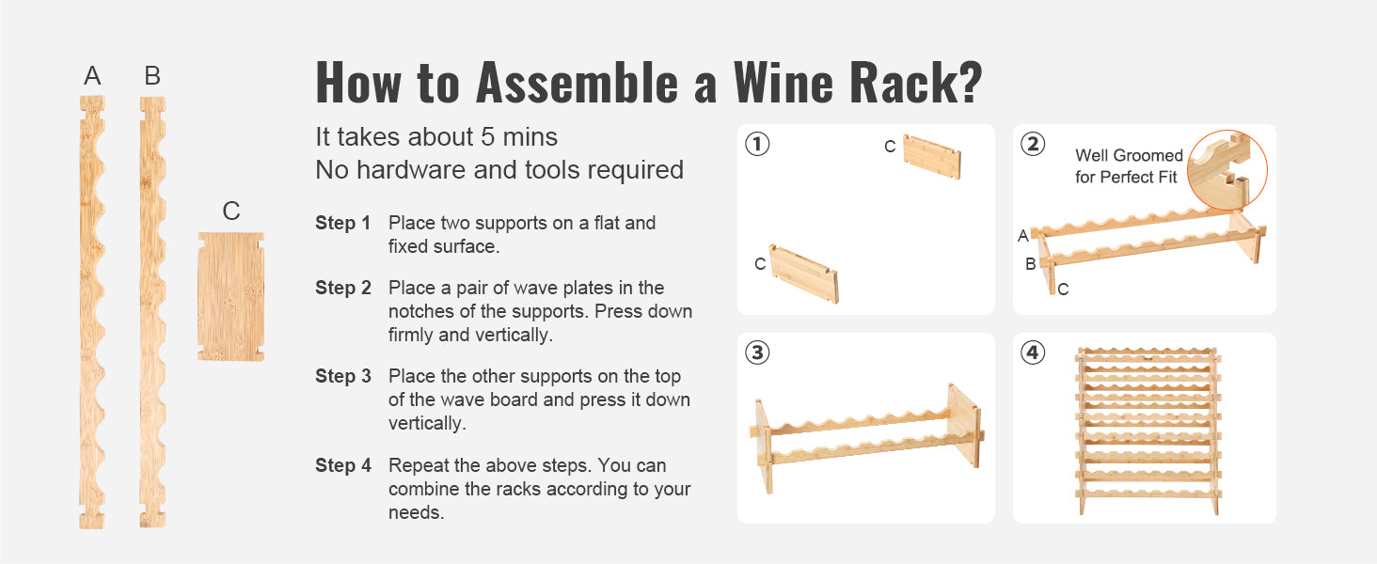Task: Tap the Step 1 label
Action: click(342, 224)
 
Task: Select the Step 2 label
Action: click(342, 289)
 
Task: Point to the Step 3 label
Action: click(342, 377)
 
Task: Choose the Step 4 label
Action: click(342, 465)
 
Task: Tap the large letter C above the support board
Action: click(231, 211)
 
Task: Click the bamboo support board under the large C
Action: click(231, 296)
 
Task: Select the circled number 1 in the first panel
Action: click(757, 145)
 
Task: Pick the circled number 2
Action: click(1033, 145)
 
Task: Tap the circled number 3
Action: click(757, 353)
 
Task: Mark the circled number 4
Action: click(1033, 353)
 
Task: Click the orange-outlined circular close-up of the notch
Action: click(1227, 169)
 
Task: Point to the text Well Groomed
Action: click(1129, 156)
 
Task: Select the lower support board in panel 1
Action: click(804, 274)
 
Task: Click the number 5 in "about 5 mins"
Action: click(488, 137)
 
